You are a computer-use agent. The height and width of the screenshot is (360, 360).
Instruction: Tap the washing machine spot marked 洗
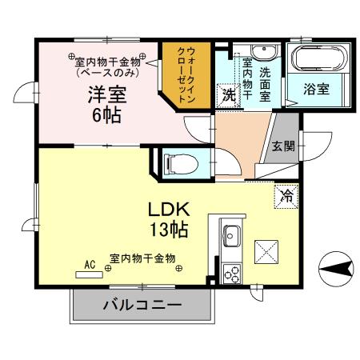[229, 94]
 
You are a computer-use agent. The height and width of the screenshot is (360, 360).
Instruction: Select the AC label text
[90, 262]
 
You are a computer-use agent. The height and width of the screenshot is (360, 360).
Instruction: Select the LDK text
[169, 210]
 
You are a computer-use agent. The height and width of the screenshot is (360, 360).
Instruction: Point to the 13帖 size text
[168, 230]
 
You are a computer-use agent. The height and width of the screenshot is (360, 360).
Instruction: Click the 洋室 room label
[107, 93]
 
